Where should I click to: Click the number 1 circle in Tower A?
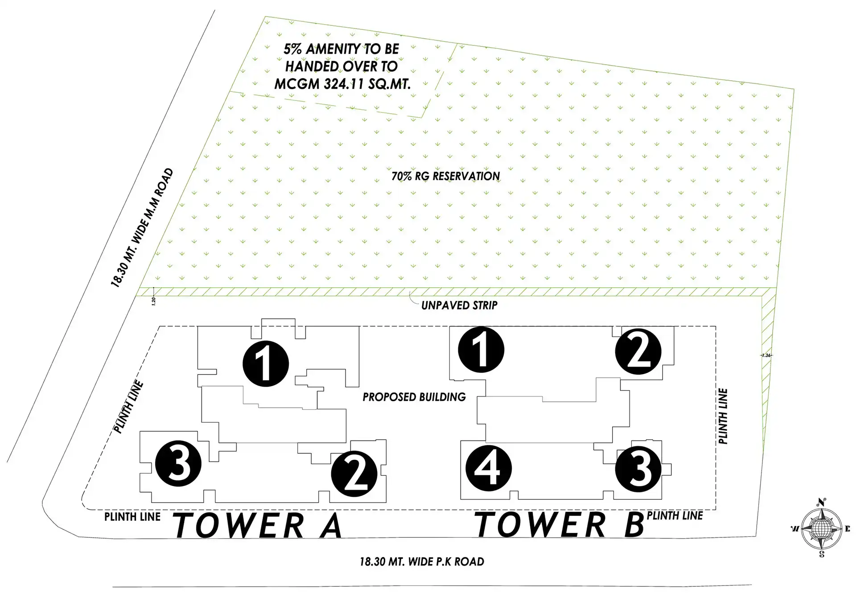pyautogui.click(x=266, y=363)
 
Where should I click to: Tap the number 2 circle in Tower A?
pyautogui.click(x=354, y=474)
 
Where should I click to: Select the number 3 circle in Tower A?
pyautogui.click(x=178, y=463)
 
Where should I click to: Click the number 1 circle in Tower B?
pyautogui.click(x=481, y=350)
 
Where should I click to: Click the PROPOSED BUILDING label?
pyautogui.click(x=414, y=397)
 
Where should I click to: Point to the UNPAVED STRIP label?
pyautogui.click(x=459, y=305)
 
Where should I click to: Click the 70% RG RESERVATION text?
pyautogui.click(x=445, y=176)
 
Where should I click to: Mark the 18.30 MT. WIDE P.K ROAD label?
pyautogui.click(x=422, y=561)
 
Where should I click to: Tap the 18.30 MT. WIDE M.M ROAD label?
pyautogui.click(x=142, y=227)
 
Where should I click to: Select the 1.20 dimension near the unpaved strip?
pyautogui.click(x=154, y=301)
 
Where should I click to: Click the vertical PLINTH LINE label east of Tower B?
pyautogui.click(x=723, y=416)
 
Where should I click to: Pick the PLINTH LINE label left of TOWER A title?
pyautogui.click(x=132, y=517)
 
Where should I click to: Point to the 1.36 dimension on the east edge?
pyautogui.click(x=766, y=355)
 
